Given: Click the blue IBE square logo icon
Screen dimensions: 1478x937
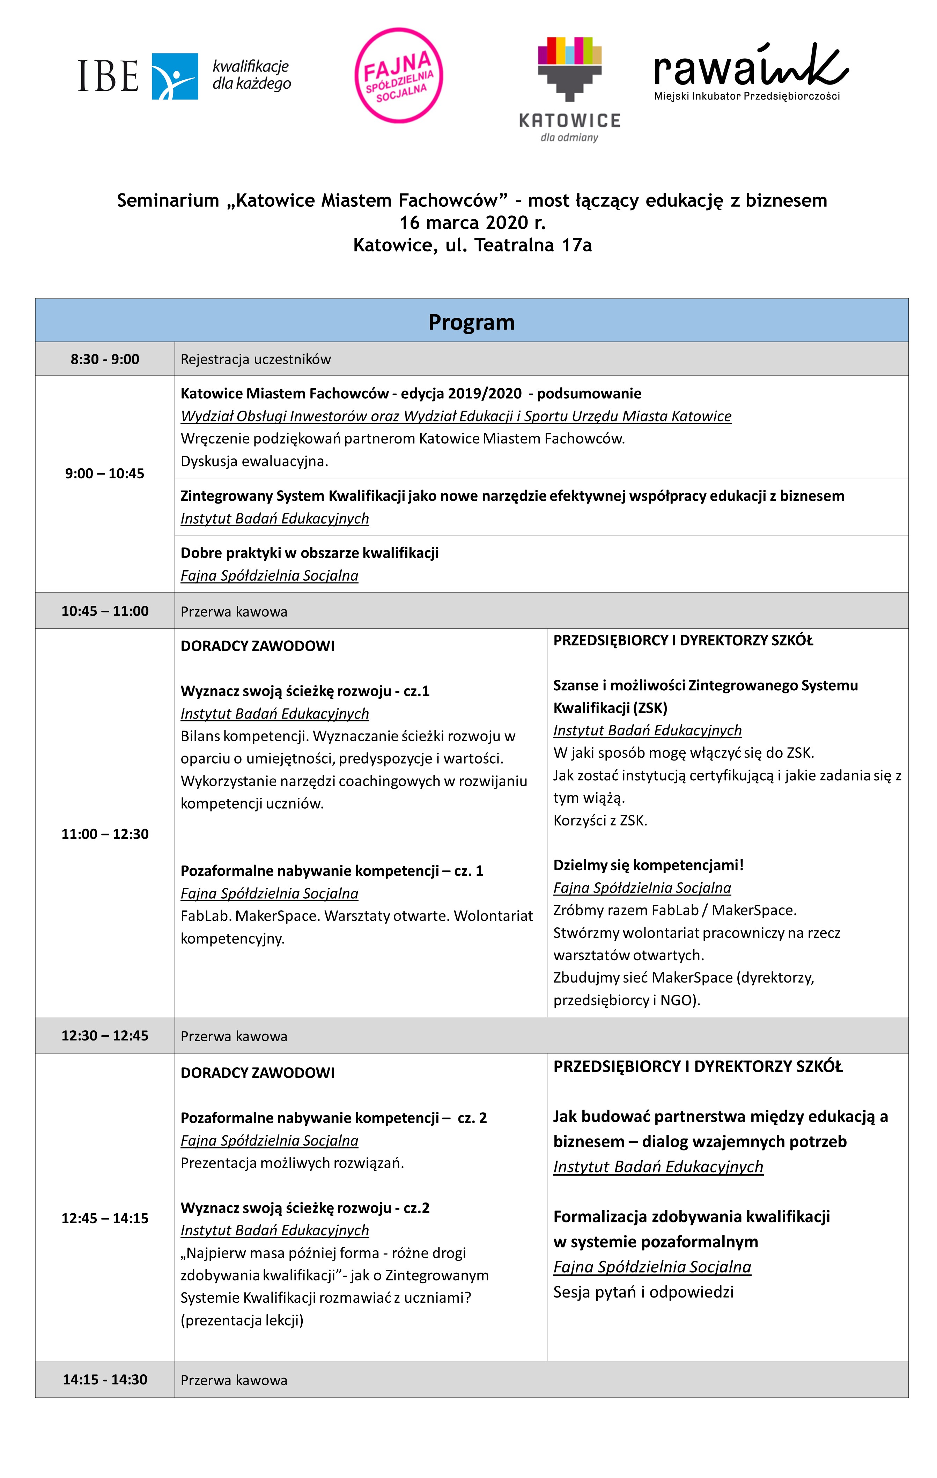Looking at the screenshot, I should [175, 76].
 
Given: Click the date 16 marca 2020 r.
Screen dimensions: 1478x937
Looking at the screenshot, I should [472, 222].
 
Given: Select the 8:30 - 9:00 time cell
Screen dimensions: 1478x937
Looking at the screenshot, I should [105, 359].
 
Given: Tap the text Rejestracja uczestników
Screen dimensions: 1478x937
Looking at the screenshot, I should [255, 359].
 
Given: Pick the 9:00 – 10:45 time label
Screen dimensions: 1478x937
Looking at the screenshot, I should [105, 473].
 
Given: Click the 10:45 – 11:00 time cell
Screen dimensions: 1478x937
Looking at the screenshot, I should [105, 611].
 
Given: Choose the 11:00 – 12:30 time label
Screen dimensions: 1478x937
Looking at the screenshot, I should [105, 833].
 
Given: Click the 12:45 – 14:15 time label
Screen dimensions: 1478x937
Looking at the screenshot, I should [105, 1218].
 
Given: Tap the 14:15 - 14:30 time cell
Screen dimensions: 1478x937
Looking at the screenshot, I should [105, 1379].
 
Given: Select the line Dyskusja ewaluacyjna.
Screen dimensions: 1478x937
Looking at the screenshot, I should [254, 461].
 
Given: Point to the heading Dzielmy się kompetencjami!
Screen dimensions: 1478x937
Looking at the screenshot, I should [648, 865].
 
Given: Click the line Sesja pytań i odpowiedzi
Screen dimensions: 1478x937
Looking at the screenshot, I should [643, 1292].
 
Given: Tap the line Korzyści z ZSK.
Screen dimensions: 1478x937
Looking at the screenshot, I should [600, 820].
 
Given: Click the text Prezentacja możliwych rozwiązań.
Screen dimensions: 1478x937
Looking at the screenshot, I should [292, 1162].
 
